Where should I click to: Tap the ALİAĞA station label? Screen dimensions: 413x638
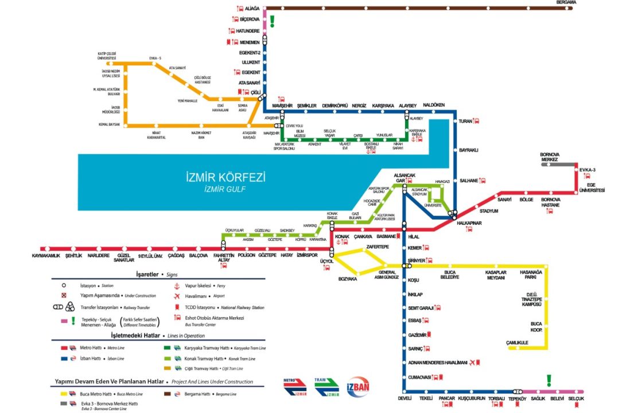[252, 9]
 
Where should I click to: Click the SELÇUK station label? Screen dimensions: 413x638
[575, 399]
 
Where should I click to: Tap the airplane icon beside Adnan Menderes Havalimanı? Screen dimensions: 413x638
[472, 363]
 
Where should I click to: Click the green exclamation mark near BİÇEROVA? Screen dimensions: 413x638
[273, 21]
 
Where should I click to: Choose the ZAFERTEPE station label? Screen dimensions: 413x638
[377, 247]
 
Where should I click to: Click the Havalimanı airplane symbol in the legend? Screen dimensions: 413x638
[176, 296]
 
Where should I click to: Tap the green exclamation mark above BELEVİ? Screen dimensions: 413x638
[548, 380]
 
